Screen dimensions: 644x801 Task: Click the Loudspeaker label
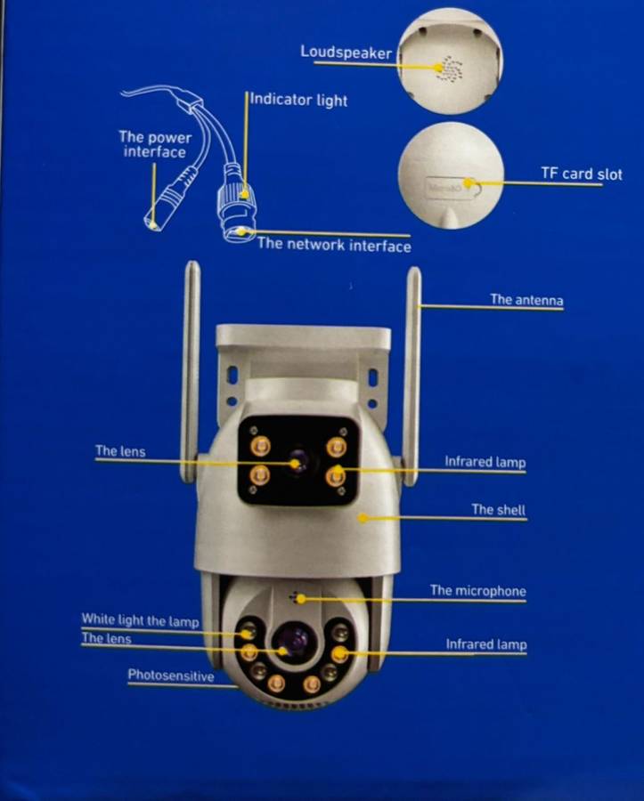346,53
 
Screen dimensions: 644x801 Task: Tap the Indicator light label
299,100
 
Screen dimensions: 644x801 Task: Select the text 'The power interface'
155,144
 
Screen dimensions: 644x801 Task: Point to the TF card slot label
582,174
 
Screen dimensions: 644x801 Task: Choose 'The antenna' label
526,299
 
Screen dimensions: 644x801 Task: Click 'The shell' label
498,509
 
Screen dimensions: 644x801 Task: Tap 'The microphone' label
478,591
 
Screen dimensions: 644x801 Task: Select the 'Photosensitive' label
171,676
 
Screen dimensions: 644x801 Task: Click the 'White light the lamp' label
140,620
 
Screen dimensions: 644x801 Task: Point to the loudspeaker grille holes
450,69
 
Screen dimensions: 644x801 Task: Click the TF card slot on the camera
452,187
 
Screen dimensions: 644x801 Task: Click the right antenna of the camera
412,376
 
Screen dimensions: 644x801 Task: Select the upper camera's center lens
298,462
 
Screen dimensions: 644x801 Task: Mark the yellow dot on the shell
363,519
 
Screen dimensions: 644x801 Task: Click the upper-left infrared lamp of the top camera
260,446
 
